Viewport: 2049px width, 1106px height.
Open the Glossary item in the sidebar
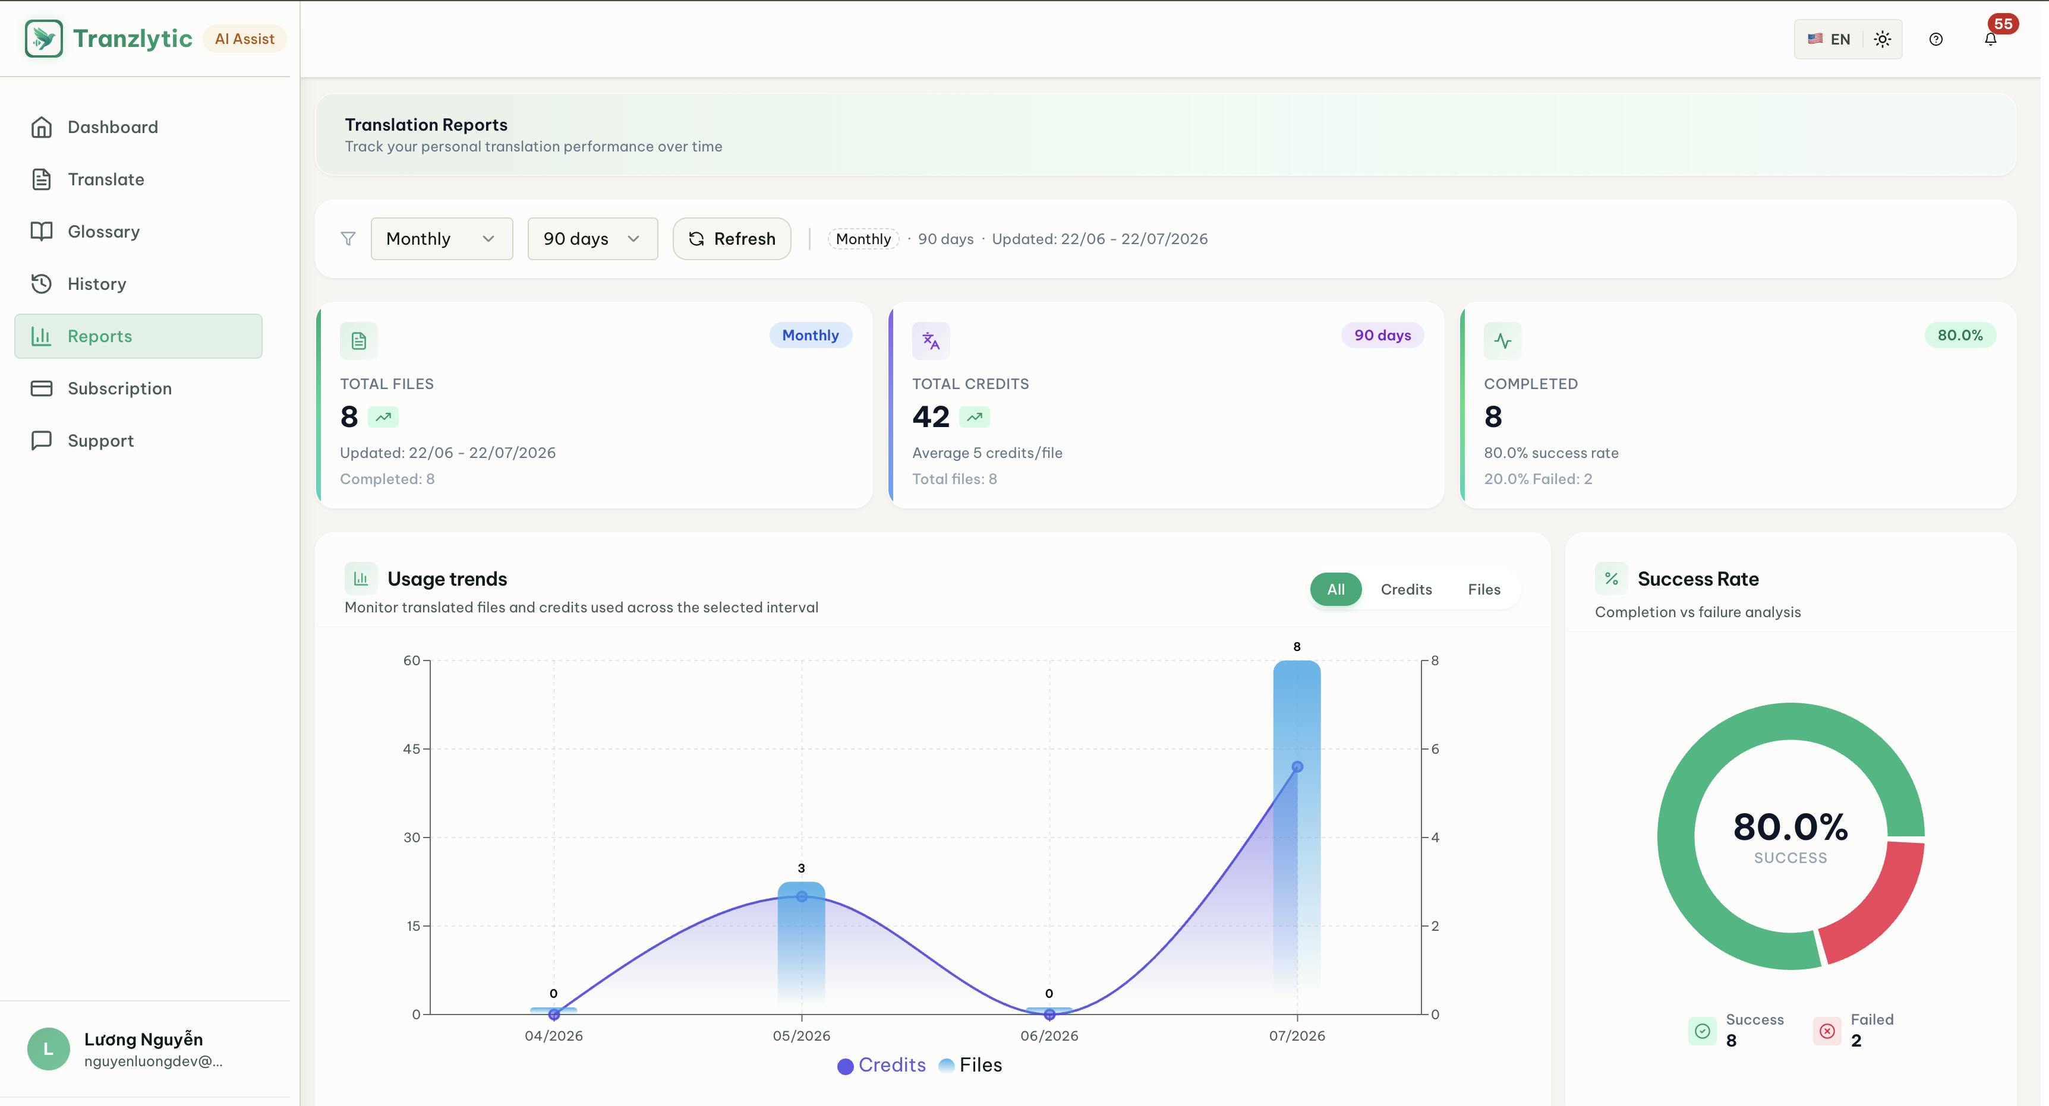point(103,232)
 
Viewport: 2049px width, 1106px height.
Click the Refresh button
point(732,239)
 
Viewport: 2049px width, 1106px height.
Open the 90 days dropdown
point(592,239)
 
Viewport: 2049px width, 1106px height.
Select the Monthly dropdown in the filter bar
point(442,239)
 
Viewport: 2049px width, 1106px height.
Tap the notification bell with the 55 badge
point(1990,39)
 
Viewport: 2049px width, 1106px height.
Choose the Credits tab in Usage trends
point(1406,589)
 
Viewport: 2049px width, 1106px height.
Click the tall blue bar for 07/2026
point(1297,827)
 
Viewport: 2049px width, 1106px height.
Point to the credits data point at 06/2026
point(1049,1015)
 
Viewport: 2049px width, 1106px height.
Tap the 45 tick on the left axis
point(411,749)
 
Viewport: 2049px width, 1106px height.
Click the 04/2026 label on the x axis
point(554,1036)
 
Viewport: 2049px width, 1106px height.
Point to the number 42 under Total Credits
point(931,416)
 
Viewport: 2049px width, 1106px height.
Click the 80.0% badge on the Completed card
point(1960,336)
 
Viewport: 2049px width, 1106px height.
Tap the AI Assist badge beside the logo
point(244,39)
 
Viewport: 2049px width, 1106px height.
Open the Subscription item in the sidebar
point(119,388)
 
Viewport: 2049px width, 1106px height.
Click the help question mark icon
point(1936,39)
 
